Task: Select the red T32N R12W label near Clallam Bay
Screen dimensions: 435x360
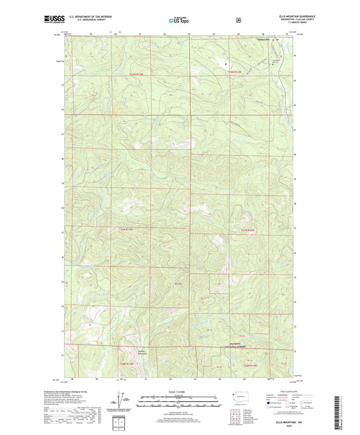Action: (x=235, y=72)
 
